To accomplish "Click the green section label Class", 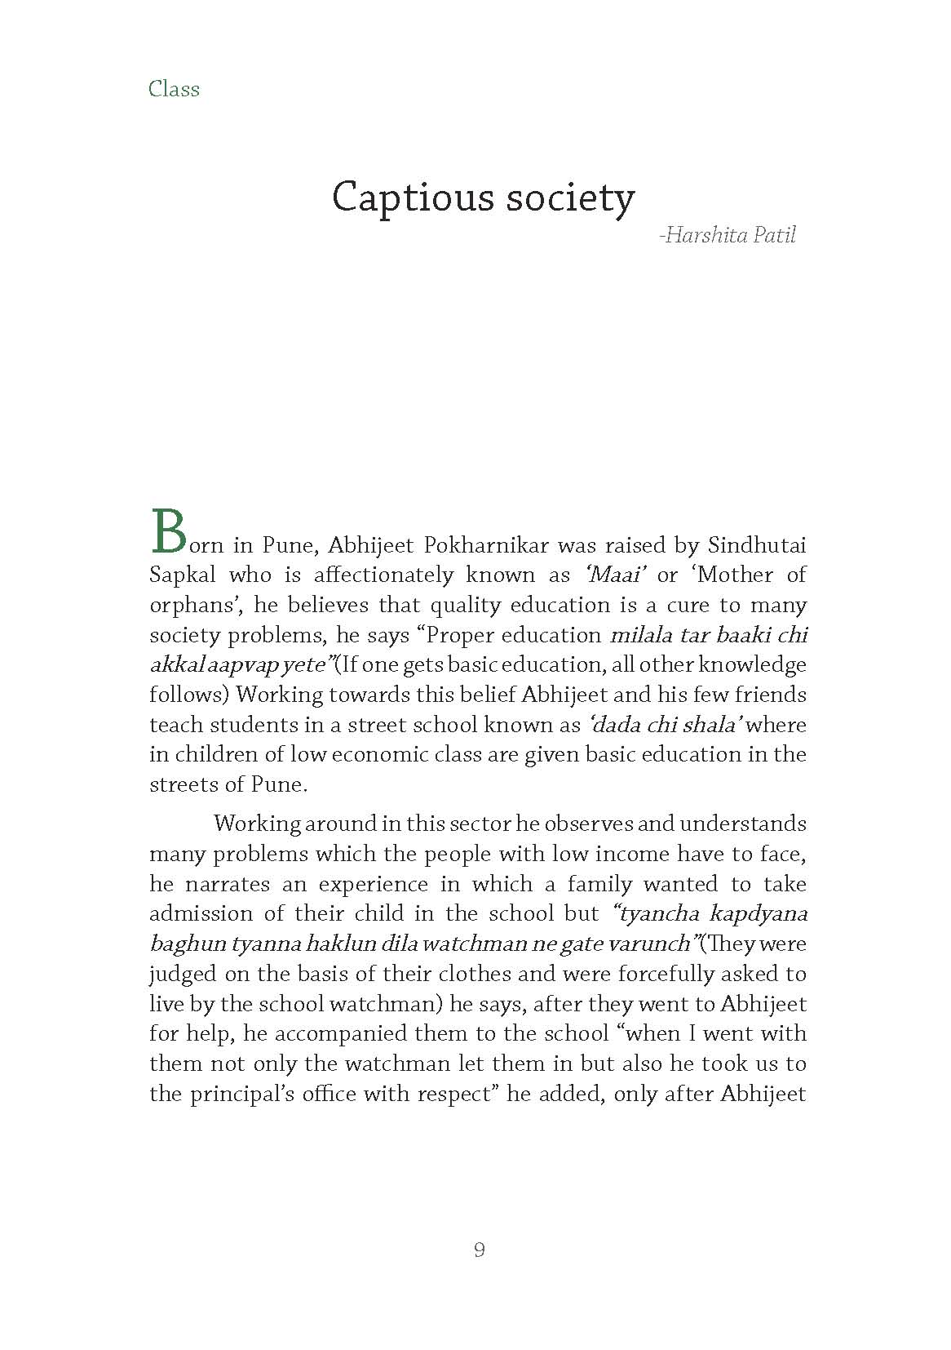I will click(174, 88).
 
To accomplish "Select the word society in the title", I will click(570, 198).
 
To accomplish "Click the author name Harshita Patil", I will click(730, 236).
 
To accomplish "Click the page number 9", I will click(480, 1250).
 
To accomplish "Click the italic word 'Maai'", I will click(617, 575).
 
